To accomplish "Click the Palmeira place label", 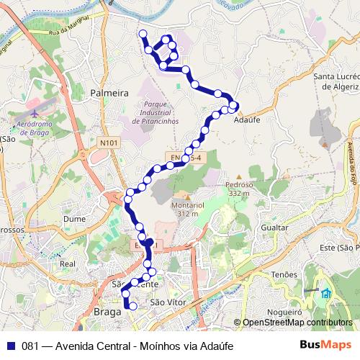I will click(x=109, y=93).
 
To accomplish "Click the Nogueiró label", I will click(x=286, y=313).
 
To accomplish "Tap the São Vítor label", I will click(x=163, y=303).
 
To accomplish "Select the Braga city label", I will click(x=108, y=312).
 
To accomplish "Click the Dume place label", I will click(x=74, y=217).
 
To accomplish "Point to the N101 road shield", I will click(x=108, y=143).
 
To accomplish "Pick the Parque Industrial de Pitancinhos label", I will click(x=155, y=113).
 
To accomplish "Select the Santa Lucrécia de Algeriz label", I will click(x=334, y=80).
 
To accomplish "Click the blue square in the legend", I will click(x=10, y=345).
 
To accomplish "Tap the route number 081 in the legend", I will click(x=30, y=345).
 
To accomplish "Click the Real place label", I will click(x=68, y=264).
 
